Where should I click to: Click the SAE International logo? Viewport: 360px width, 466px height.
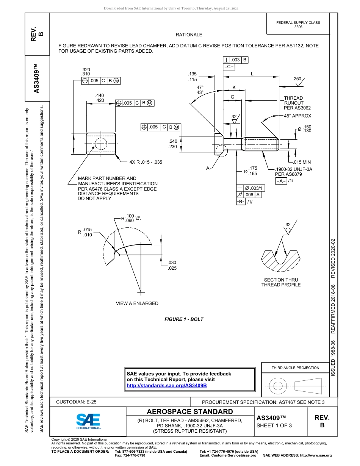[88, 421]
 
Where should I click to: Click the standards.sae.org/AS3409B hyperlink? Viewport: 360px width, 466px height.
[166, 385]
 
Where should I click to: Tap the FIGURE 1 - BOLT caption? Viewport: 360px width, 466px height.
[184, 319]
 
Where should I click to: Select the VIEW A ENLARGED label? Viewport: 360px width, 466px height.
[137, 303]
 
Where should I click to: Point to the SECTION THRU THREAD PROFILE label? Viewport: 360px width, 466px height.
[281, 282]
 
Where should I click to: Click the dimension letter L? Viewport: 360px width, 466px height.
[252, 74]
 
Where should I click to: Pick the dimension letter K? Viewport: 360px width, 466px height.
[234, 88]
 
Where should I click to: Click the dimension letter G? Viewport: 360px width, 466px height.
[232, 97]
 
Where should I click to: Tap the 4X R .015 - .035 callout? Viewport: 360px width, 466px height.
[146, 162]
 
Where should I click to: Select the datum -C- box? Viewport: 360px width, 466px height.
[229, 67]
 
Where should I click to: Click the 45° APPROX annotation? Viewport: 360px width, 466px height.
[297, 116]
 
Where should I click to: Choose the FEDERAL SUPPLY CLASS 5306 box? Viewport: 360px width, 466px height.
[298, 25]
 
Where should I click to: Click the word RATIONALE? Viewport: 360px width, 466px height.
[189, 35]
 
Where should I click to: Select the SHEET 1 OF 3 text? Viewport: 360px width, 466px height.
[274, 425]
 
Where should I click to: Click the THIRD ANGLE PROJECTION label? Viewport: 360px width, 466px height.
[295, 367]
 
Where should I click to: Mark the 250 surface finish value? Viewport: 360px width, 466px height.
[297, 79]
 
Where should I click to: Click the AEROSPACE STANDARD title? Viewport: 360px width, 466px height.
[190, 412]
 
